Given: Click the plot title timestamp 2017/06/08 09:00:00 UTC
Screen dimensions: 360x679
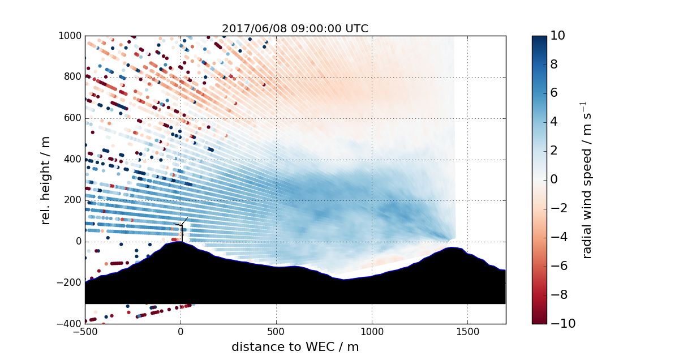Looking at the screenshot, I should pyautogui.click(x=295, y=29).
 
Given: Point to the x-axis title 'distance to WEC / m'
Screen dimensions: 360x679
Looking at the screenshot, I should pyautogui.click(x=295, y=347).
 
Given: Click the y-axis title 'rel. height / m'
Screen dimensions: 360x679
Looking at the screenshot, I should pyautogui.click(x=46, y=179).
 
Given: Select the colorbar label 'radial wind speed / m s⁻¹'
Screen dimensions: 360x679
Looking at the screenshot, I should pyautogui.click(x=587, y=179).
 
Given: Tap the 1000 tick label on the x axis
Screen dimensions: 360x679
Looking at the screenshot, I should pyautogui.click(x=372, y=331).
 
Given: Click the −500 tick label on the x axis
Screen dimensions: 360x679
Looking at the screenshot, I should pyautogui.click(x=85, y=331).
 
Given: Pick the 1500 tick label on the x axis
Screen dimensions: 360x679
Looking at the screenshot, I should pyautogui.click(x=467, y=331).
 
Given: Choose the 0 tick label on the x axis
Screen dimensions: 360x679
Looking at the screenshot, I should pyautogui.click(x=181, y=331).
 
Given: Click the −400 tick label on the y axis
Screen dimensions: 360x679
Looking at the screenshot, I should pyautogui.click(x=69, y=324).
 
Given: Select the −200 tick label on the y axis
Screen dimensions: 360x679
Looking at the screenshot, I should pyautogui.click(x=69, y=283).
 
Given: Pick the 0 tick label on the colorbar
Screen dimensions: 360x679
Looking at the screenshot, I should pyautogui.click(x=555, y=179).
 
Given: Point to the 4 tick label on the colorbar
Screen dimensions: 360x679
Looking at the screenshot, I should pyautogui.click(x=555, y=122).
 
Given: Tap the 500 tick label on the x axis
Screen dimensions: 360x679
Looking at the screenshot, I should pyautogui.click(x=276, y=331).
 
